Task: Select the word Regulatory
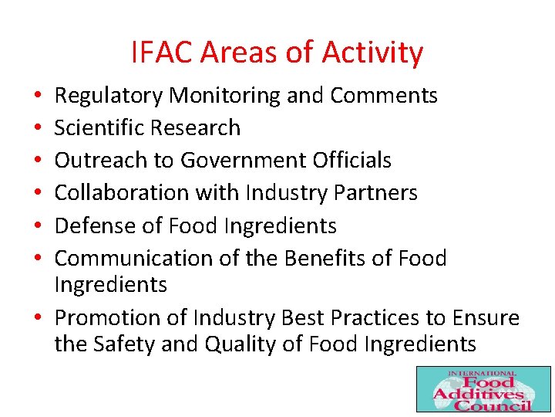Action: click(109, 96)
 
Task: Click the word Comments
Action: click(384, 96)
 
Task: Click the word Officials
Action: click(352, 160)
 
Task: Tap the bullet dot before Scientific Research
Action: click(38, 128)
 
